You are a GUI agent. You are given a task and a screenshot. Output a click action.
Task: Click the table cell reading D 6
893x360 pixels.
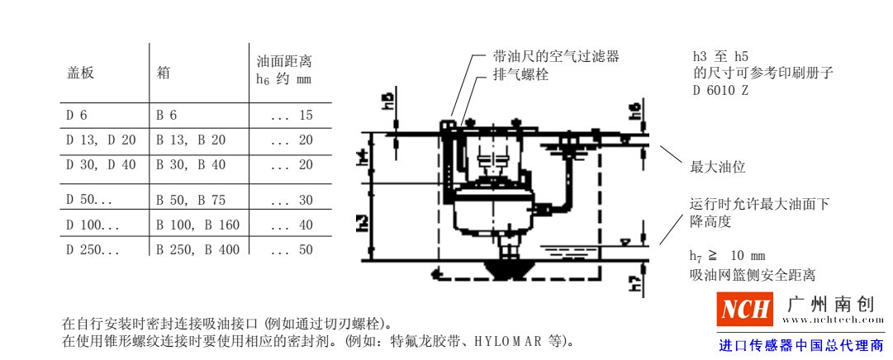[x=77, y=116]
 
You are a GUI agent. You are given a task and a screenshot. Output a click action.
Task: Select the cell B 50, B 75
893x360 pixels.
[x=192, y=200]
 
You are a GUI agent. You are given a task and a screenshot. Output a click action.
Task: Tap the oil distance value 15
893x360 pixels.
[x=306, y=116]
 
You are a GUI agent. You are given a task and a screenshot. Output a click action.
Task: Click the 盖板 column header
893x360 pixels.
[x=80, y=72]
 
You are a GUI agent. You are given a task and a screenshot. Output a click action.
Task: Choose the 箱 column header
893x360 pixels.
[x=164, y=72]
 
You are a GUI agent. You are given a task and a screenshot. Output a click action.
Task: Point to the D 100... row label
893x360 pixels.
[x=93, y=225]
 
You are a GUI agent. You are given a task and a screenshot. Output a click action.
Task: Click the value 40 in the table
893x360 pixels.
[x=306, y=225]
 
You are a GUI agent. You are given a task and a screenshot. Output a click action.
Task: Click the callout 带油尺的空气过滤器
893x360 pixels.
[x=555, y=57]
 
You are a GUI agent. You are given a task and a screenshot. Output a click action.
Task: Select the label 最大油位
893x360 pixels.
[x=717, y=167]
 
